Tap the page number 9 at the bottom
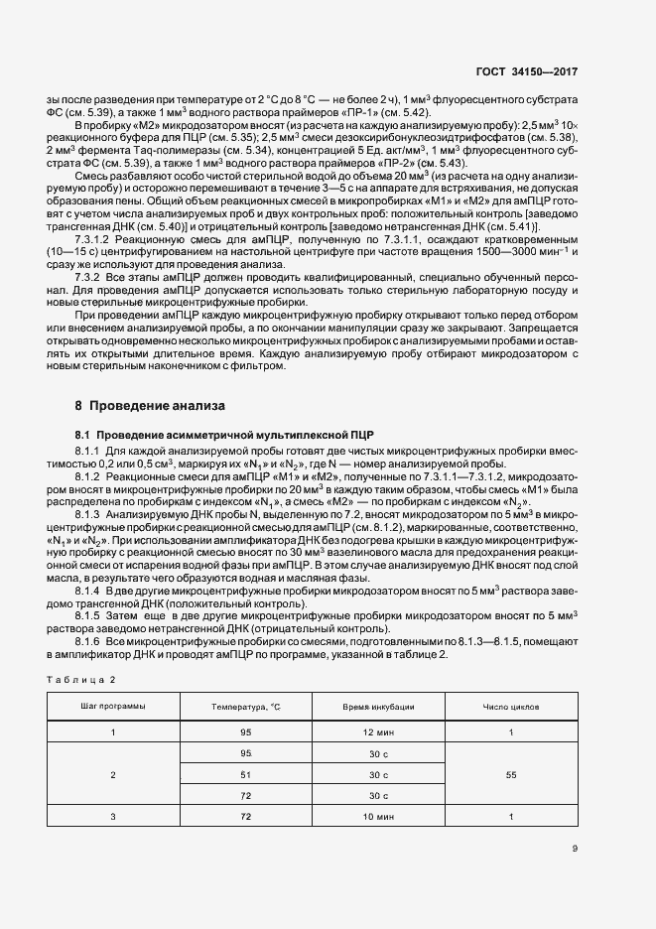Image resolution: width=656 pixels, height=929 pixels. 576,848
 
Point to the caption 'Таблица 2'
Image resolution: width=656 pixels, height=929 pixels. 82,679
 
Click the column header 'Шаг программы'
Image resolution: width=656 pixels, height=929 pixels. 113,707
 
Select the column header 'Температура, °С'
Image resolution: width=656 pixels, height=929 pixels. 246,707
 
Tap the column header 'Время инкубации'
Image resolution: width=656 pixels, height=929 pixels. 378,707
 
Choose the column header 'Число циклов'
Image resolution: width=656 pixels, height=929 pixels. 510,707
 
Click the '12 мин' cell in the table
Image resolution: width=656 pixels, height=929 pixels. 378,731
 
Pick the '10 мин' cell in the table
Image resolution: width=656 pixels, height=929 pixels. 378,816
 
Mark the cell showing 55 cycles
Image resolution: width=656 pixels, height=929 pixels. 510,774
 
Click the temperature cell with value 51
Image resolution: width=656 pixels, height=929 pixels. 246,774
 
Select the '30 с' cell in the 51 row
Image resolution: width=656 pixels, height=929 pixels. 378,774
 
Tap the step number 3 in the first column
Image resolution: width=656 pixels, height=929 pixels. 113,816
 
